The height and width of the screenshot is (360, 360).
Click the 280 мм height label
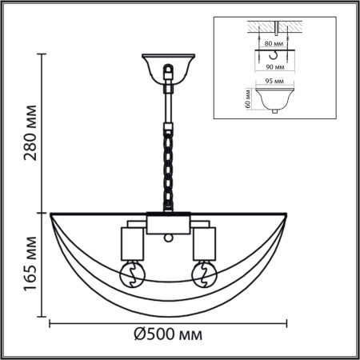pos(31,132)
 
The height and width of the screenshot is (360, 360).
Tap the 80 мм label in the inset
pos(275,44)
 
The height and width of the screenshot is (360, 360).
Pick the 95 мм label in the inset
pos(275,81)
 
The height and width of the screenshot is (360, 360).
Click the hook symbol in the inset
pos(275,55)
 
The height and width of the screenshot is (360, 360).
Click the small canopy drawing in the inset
pos(275,100)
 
